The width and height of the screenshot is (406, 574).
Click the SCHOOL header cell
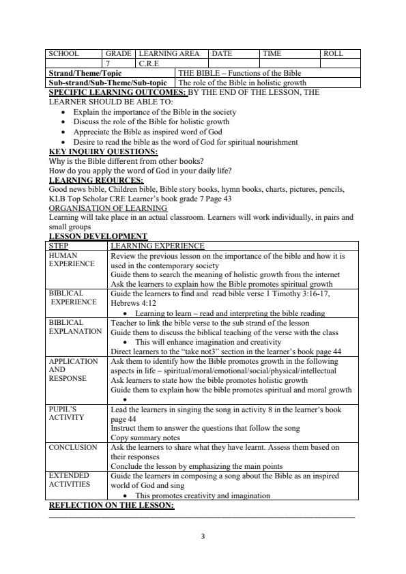pyautogui.click(x=63, y=53)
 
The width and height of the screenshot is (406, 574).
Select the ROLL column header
pyautogui.click(x=333, y=53)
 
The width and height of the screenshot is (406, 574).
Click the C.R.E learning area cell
pyautogui.click(x=150, y=63)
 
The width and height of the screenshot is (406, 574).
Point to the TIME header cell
pyautogui.click(x=273, y=53)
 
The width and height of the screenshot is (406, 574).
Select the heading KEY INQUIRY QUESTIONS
pyautogui.click(x=104, y=152)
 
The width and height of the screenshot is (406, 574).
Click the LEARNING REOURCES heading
pyautogui.click(x=96, y=180)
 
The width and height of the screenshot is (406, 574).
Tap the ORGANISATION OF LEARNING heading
pyautogui.click(x=108, y=208)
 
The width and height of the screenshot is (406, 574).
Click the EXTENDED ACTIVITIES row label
pyautogui.click(x=72, y=478)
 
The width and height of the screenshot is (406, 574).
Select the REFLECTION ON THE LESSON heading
pyautogui.click(x=111, y=506)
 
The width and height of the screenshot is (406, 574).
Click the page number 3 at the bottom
pyautogui.click(x=203, y=536)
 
